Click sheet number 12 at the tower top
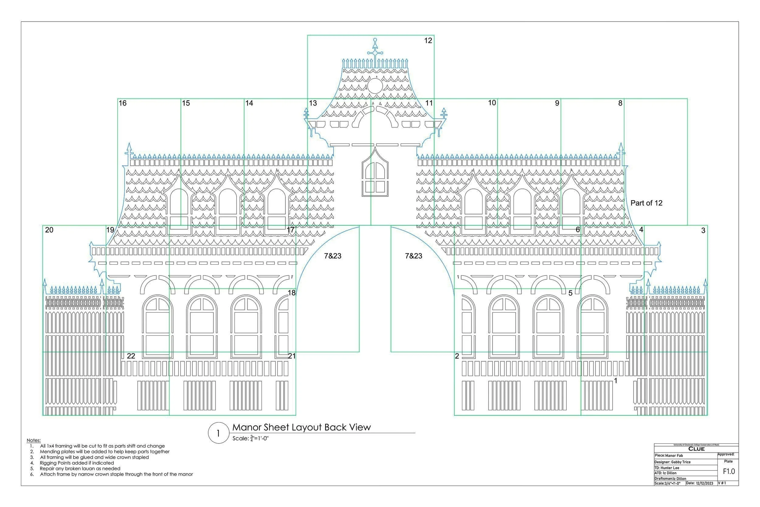pos(428,41)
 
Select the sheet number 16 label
pos(123,103)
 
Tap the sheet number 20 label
pos(49,230)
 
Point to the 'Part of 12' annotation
pos(646,203)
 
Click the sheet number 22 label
pos(131,356)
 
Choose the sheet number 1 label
pos(616,381)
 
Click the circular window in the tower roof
pos(375,86)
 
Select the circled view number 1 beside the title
pos(219,433)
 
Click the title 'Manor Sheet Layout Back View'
pos(302,427)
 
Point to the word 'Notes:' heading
pos(34,440)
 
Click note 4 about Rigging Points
pos(77,463)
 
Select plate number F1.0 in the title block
pos(729,471)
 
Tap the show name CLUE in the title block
pos(696,449)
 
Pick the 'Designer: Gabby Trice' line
pos(672,462)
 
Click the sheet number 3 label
pos(703,231)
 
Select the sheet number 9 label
pos(557,103)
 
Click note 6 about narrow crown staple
pos(116,474)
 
